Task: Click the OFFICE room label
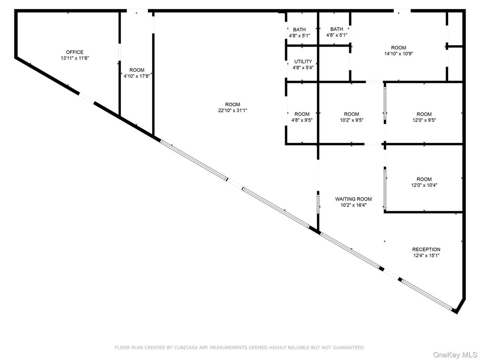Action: [x=75, y=52]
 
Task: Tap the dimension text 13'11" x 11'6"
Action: [x=75, y=58]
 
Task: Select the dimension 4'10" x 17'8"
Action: [x=137, y=76]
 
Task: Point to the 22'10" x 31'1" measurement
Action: [x=233, y=111]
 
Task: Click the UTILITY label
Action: [x=303, y=62]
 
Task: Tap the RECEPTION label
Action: [x=426, y=249]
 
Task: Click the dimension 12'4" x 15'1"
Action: [x=426, y=256]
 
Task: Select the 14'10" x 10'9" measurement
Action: [x=399, y=54]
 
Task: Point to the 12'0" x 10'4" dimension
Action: [x=424, y=184]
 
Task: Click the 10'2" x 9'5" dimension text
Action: [x=351, y=120]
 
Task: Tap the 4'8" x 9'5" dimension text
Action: [x=302, y=120]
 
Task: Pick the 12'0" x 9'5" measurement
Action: [x=424, y=120]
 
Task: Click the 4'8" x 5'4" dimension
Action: [x=303, y=68]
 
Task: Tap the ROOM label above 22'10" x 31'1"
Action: [x=233, y=105]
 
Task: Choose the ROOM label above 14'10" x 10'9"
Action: [x=399, y=48]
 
